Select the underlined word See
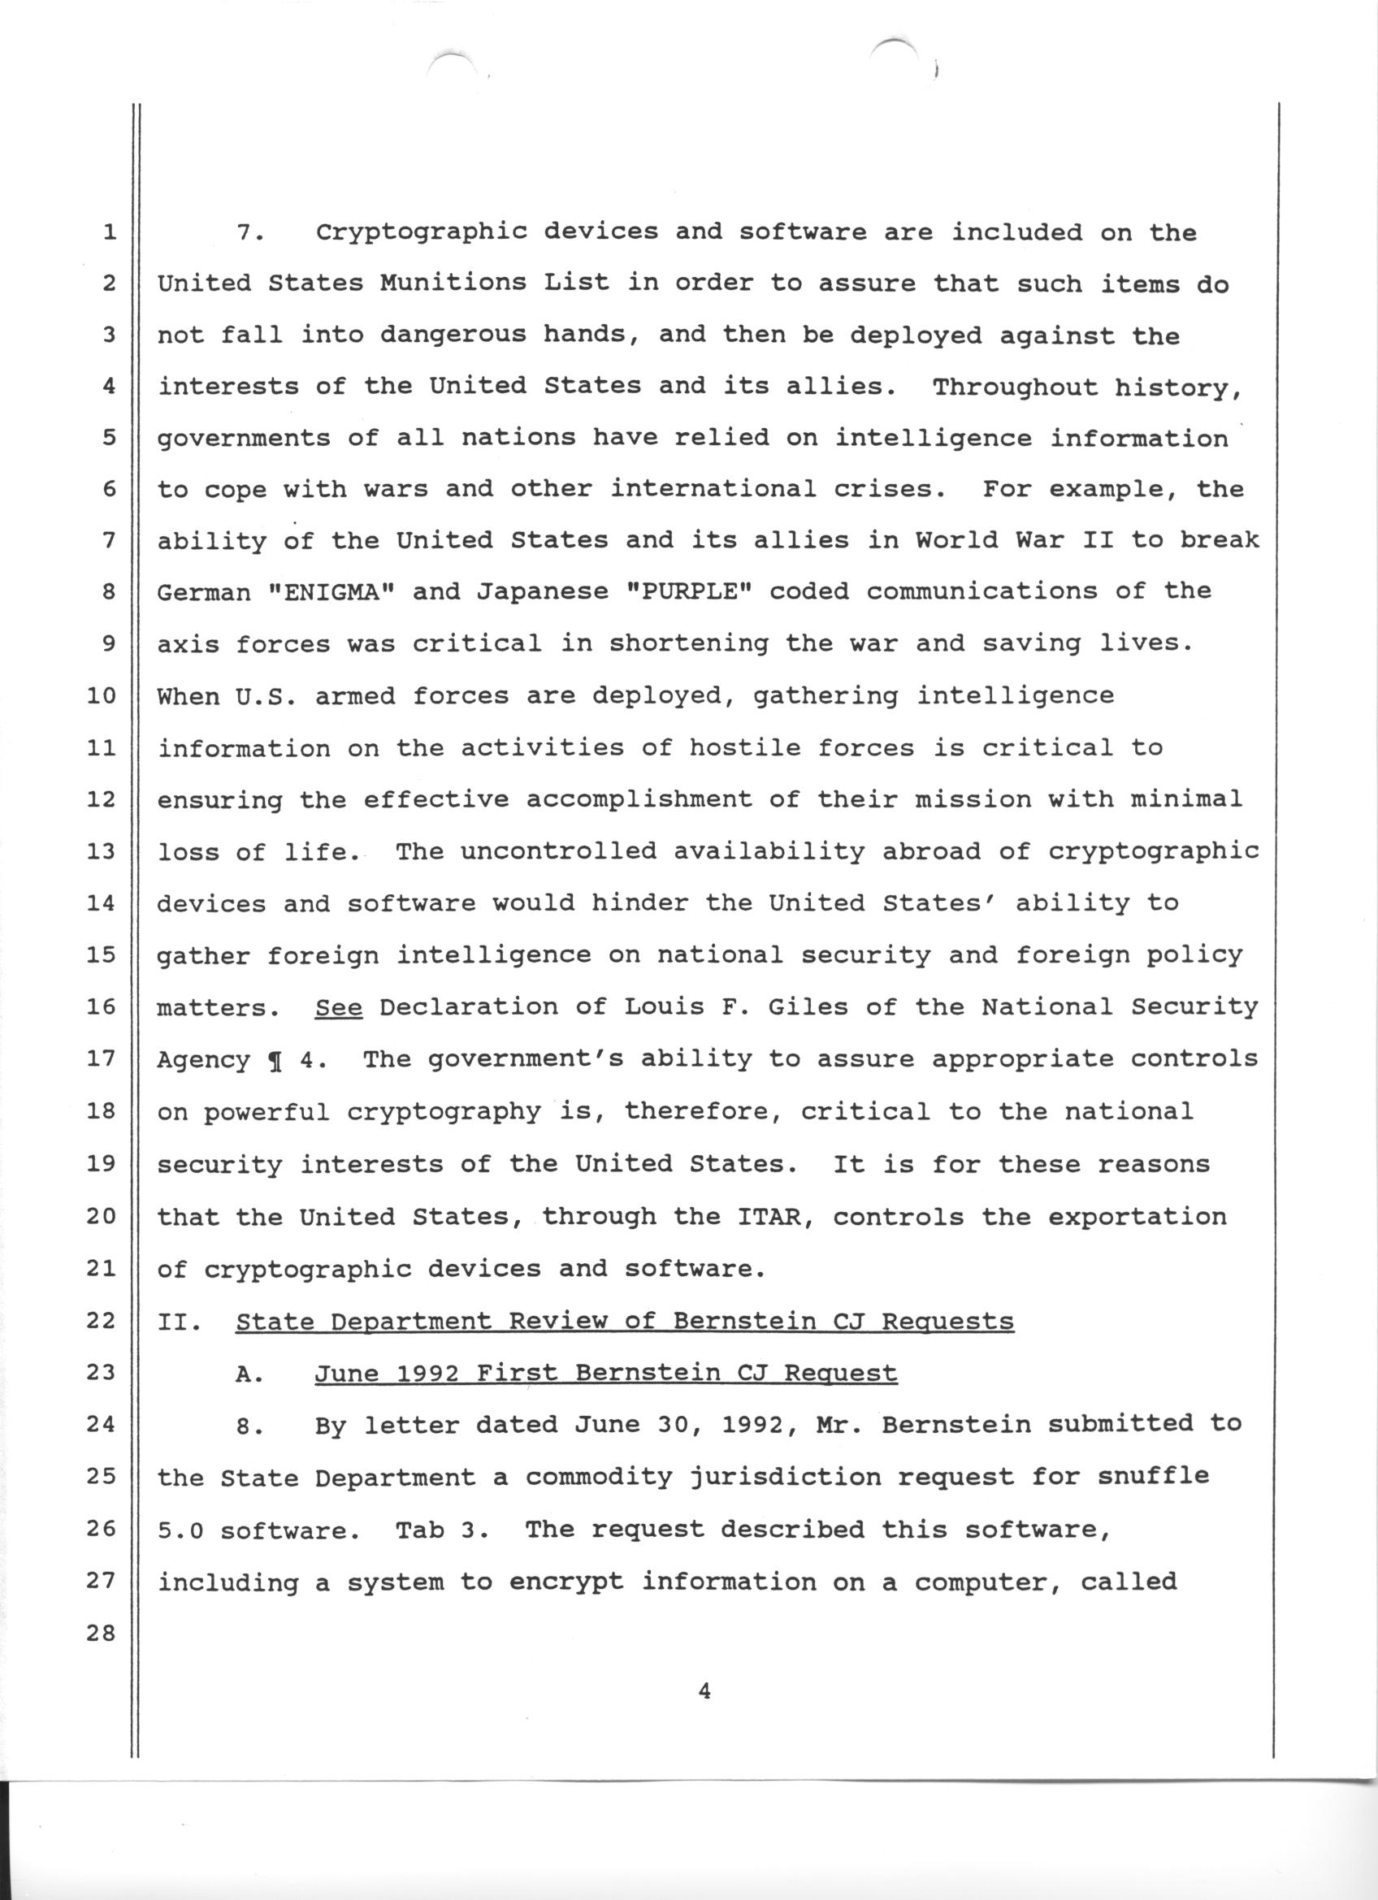(339, 1006)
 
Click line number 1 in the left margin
(109, 232)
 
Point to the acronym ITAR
(776, 1215)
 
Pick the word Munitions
(452, 283)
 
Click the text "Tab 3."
(441, 1529)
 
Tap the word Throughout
(1016, 387)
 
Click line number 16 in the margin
(101, 1006)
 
